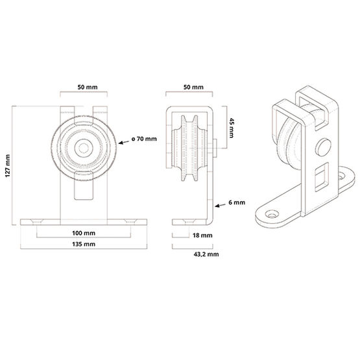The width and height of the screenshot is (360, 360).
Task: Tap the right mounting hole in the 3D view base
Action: tap(341, 174)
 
